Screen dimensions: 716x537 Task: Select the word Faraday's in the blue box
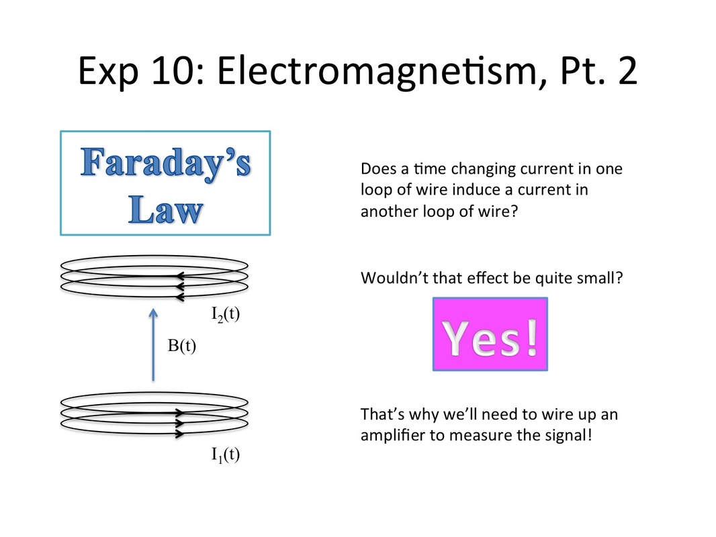[165, 163]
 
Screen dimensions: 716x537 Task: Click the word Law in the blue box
[165, 209]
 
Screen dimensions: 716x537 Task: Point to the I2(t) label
[226, 314]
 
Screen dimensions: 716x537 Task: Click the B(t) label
[182, 346]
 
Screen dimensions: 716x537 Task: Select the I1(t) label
[226, 455]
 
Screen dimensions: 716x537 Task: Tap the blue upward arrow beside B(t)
[153, 344]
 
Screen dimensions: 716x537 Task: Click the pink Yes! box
[490, 334]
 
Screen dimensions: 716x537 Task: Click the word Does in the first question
[379, 168]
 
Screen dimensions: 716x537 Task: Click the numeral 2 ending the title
[628, 70]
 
